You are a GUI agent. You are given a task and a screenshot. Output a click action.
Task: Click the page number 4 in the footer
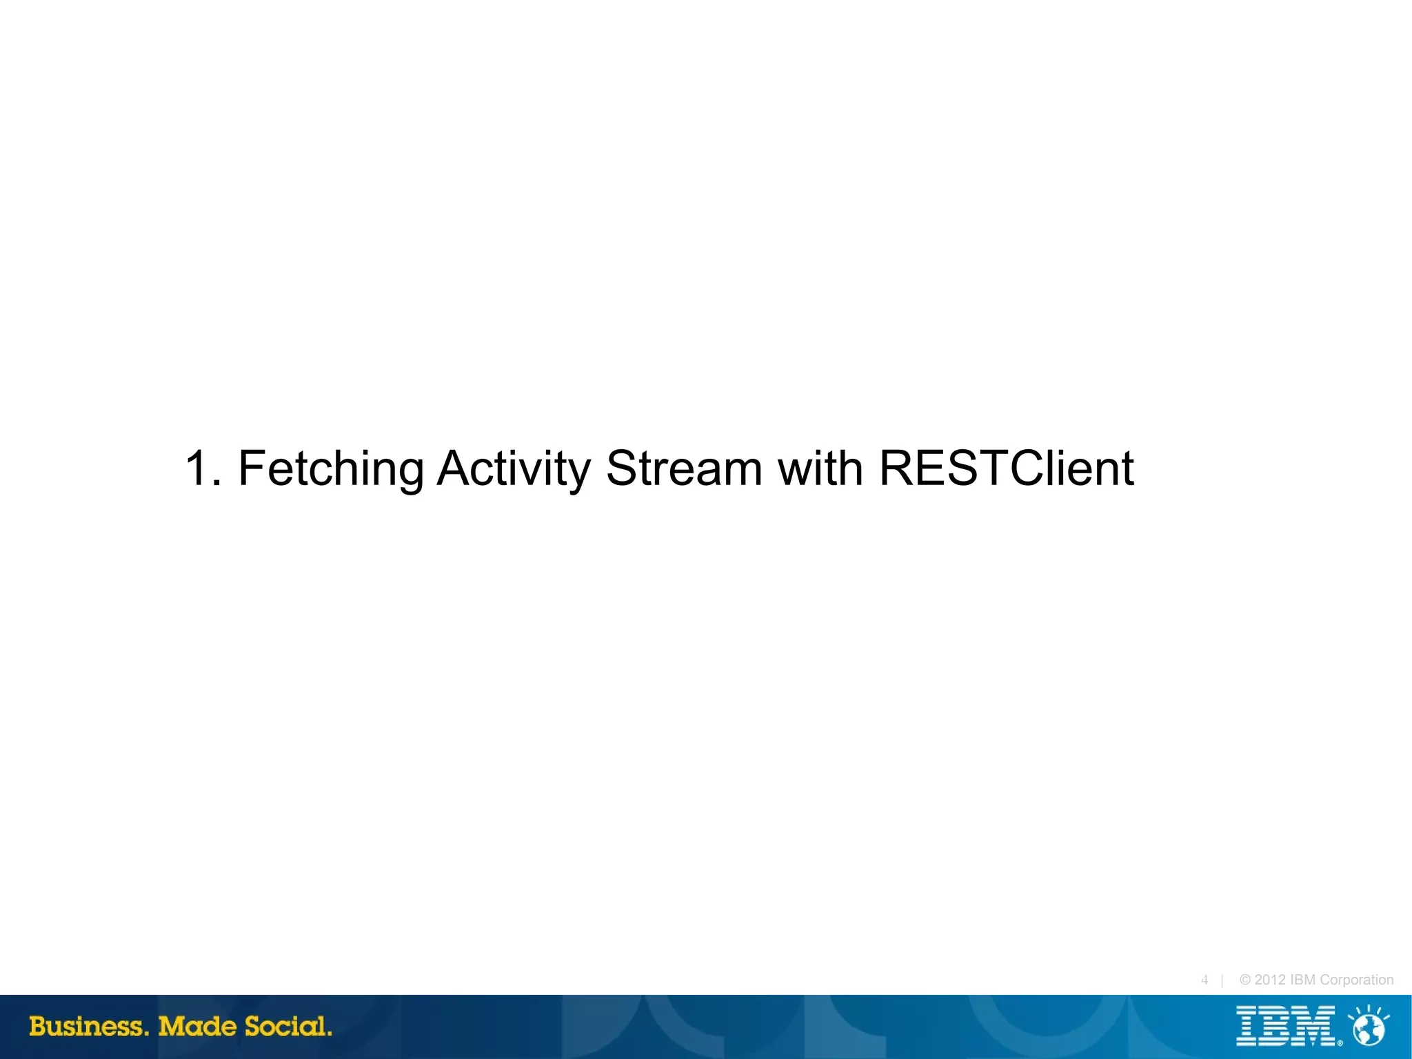pos(1204,980)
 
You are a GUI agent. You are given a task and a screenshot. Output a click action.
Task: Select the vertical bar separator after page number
pos(1222,980)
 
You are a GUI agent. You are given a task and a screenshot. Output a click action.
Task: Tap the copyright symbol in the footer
pos(1245,980)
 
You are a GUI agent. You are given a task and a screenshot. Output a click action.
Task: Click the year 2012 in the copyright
pos(1270,980)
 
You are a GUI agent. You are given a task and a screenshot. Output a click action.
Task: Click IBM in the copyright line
pos(1302,980)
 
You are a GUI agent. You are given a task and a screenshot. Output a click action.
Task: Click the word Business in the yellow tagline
pos(88,1027)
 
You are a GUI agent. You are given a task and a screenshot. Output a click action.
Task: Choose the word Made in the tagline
pos(197,1027)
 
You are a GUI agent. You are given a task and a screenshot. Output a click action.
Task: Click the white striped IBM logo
pos(1286,1026)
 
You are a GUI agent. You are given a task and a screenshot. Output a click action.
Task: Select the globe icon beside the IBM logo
pos(1369,1028)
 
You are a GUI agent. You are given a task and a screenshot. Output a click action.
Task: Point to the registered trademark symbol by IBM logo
pos(1340,1043)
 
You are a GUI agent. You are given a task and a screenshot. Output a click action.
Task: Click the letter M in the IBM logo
pos(1314,1026)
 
